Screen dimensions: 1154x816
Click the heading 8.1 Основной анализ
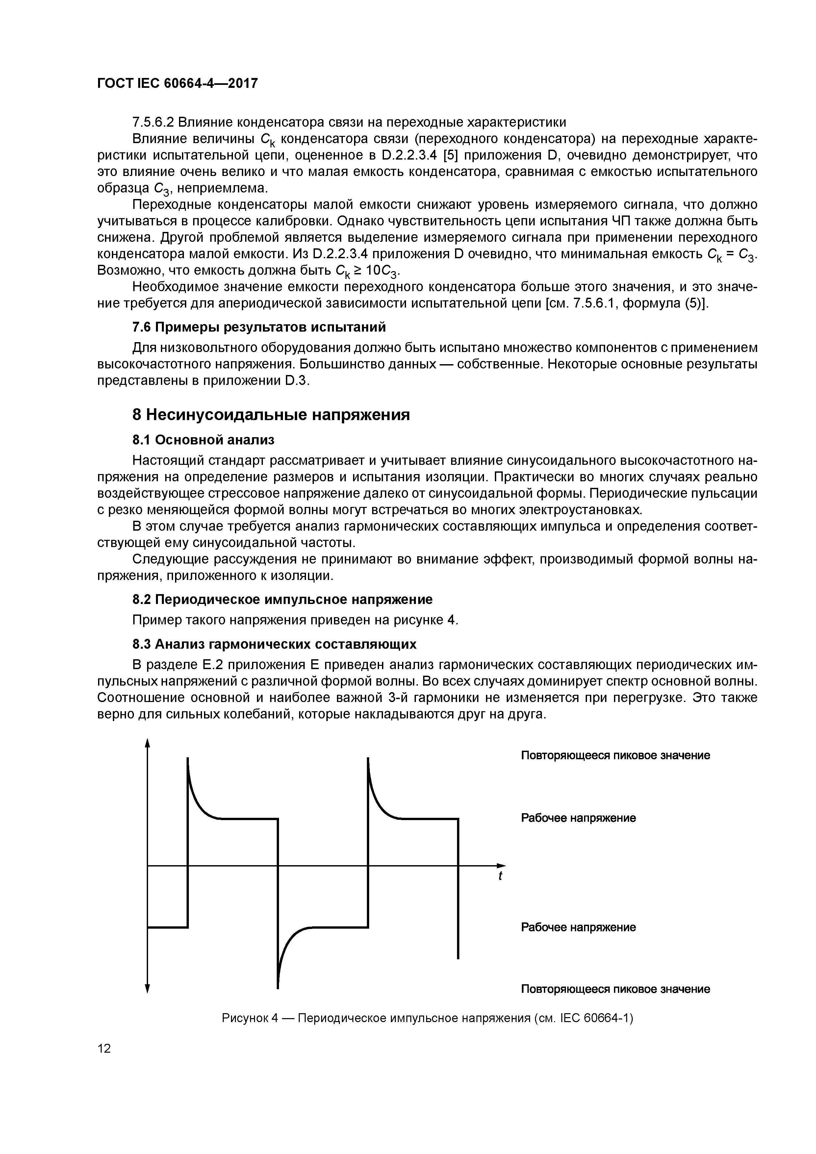[203, 440]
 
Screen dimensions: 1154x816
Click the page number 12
[104, 1048]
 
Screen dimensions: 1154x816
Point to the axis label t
[500, 876]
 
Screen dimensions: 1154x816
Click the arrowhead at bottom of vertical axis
[147, 989]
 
